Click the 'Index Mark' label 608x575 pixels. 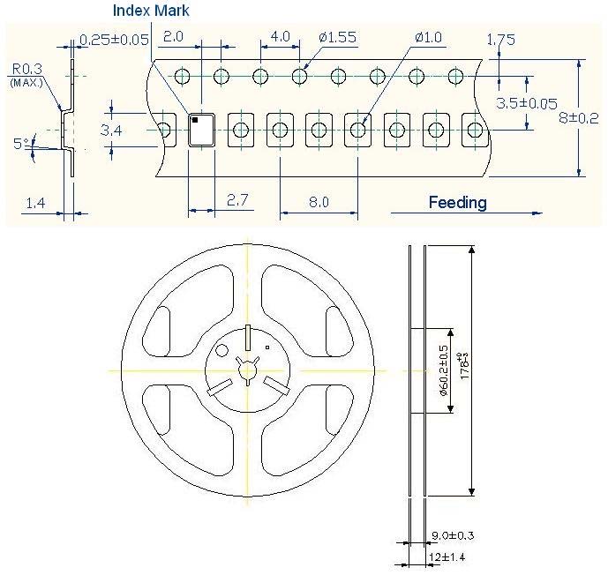click(150, 11)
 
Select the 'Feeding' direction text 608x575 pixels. click(457, 202)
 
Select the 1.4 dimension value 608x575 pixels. click(35, 204)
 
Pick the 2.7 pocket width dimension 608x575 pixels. click(236, 201)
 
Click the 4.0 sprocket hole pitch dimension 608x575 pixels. click(279, 37)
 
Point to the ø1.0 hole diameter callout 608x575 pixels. click(429, 37)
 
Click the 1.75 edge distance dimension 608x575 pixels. click(500, 40)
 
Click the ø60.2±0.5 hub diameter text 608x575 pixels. click(443, 370)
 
